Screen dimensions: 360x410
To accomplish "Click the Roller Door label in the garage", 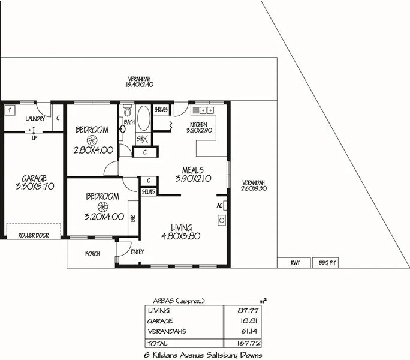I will [34, 235].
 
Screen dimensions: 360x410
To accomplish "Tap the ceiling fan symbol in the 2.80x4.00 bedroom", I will [92, 140].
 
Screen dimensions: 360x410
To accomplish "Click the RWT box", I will [294, 262].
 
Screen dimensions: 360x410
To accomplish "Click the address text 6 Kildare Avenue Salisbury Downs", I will [204, 355].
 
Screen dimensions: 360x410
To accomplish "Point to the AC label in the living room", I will [219, 205].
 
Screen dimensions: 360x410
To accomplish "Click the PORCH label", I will [92, 254].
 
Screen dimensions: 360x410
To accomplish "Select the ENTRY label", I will [137, 251].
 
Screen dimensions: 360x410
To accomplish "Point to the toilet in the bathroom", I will [126, 112].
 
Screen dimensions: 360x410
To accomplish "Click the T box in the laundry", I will [10, 110].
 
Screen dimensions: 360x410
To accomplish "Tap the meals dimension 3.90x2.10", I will [190, 178].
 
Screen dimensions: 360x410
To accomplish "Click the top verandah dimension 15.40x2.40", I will [140, 85].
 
